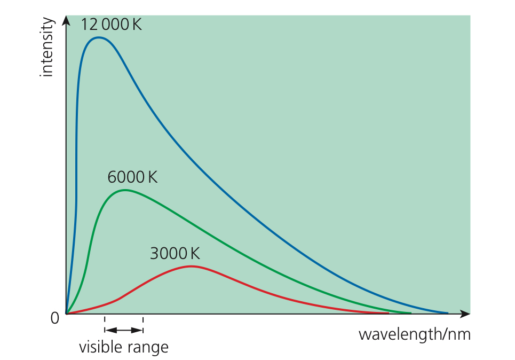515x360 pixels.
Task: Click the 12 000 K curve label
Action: pyautogui.click(x=112, y=24)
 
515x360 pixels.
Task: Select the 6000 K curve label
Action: pyautogui.click(x=132, y=177)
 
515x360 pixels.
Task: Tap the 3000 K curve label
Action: pyautogui.click(x=175, y=253)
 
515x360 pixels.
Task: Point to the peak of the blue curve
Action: pyautogui.click(x=98, y=37)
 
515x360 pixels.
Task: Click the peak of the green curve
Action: pyautogui.click(x=124, y=190)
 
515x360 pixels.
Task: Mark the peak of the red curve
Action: pyautogui.click(x=191, y=266)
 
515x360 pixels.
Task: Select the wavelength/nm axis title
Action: pyautogui.click(x=414, y=335)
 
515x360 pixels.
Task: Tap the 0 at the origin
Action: pyautogui.click(x=54, y=318)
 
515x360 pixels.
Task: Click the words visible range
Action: pyautogui.click(x=124, y=348)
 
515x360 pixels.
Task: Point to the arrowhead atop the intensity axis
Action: pyautogui.click(x=66, y=20)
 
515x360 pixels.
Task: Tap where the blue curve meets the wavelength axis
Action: pyautogui.click(x=447, y=313)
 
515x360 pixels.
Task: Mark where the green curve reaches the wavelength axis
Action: pyautogui.click(x=410, y=313)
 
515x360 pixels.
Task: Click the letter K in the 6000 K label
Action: pyautogui.click(x=153, y=177)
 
